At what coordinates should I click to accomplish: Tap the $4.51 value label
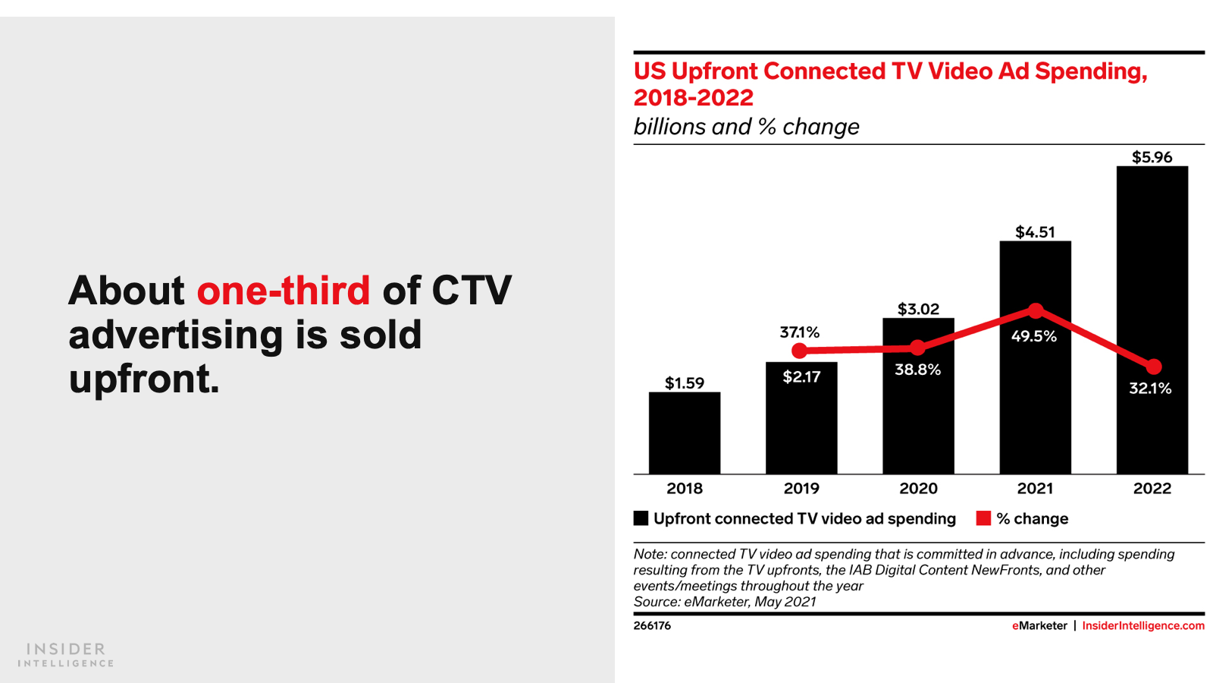pos(1035,231)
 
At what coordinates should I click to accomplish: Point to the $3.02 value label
pos(918,309)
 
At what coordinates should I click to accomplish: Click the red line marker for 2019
pos(799,351)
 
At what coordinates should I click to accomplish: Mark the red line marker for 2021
pos(1036,310)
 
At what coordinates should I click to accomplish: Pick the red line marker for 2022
pos(1153,367)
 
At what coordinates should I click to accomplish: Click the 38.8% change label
pos(917,370)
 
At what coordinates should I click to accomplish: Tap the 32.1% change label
pos(1150,389)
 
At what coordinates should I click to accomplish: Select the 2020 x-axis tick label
pos(918,489)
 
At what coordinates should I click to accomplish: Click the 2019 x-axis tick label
pos(801,489)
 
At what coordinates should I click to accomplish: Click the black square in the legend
pos(641,518)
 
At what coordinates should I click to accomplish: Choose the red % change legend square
pos(983,518)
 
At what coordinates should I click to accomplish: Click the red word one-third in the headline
pos(284,291)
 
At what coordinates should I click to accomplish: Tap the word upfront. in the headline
pos(144,379)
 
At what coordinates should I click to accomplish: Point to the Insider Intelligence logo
pos(66,654)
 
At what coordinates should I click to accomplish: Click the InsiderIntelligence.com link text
pos(1142,625)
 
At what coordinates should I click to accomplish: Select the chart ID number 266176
pos(652,625)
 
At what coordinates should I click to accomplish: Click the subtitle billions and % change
pos(746,127)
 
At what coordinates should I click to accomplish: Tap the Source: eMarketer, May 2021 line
pos(725,602)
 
